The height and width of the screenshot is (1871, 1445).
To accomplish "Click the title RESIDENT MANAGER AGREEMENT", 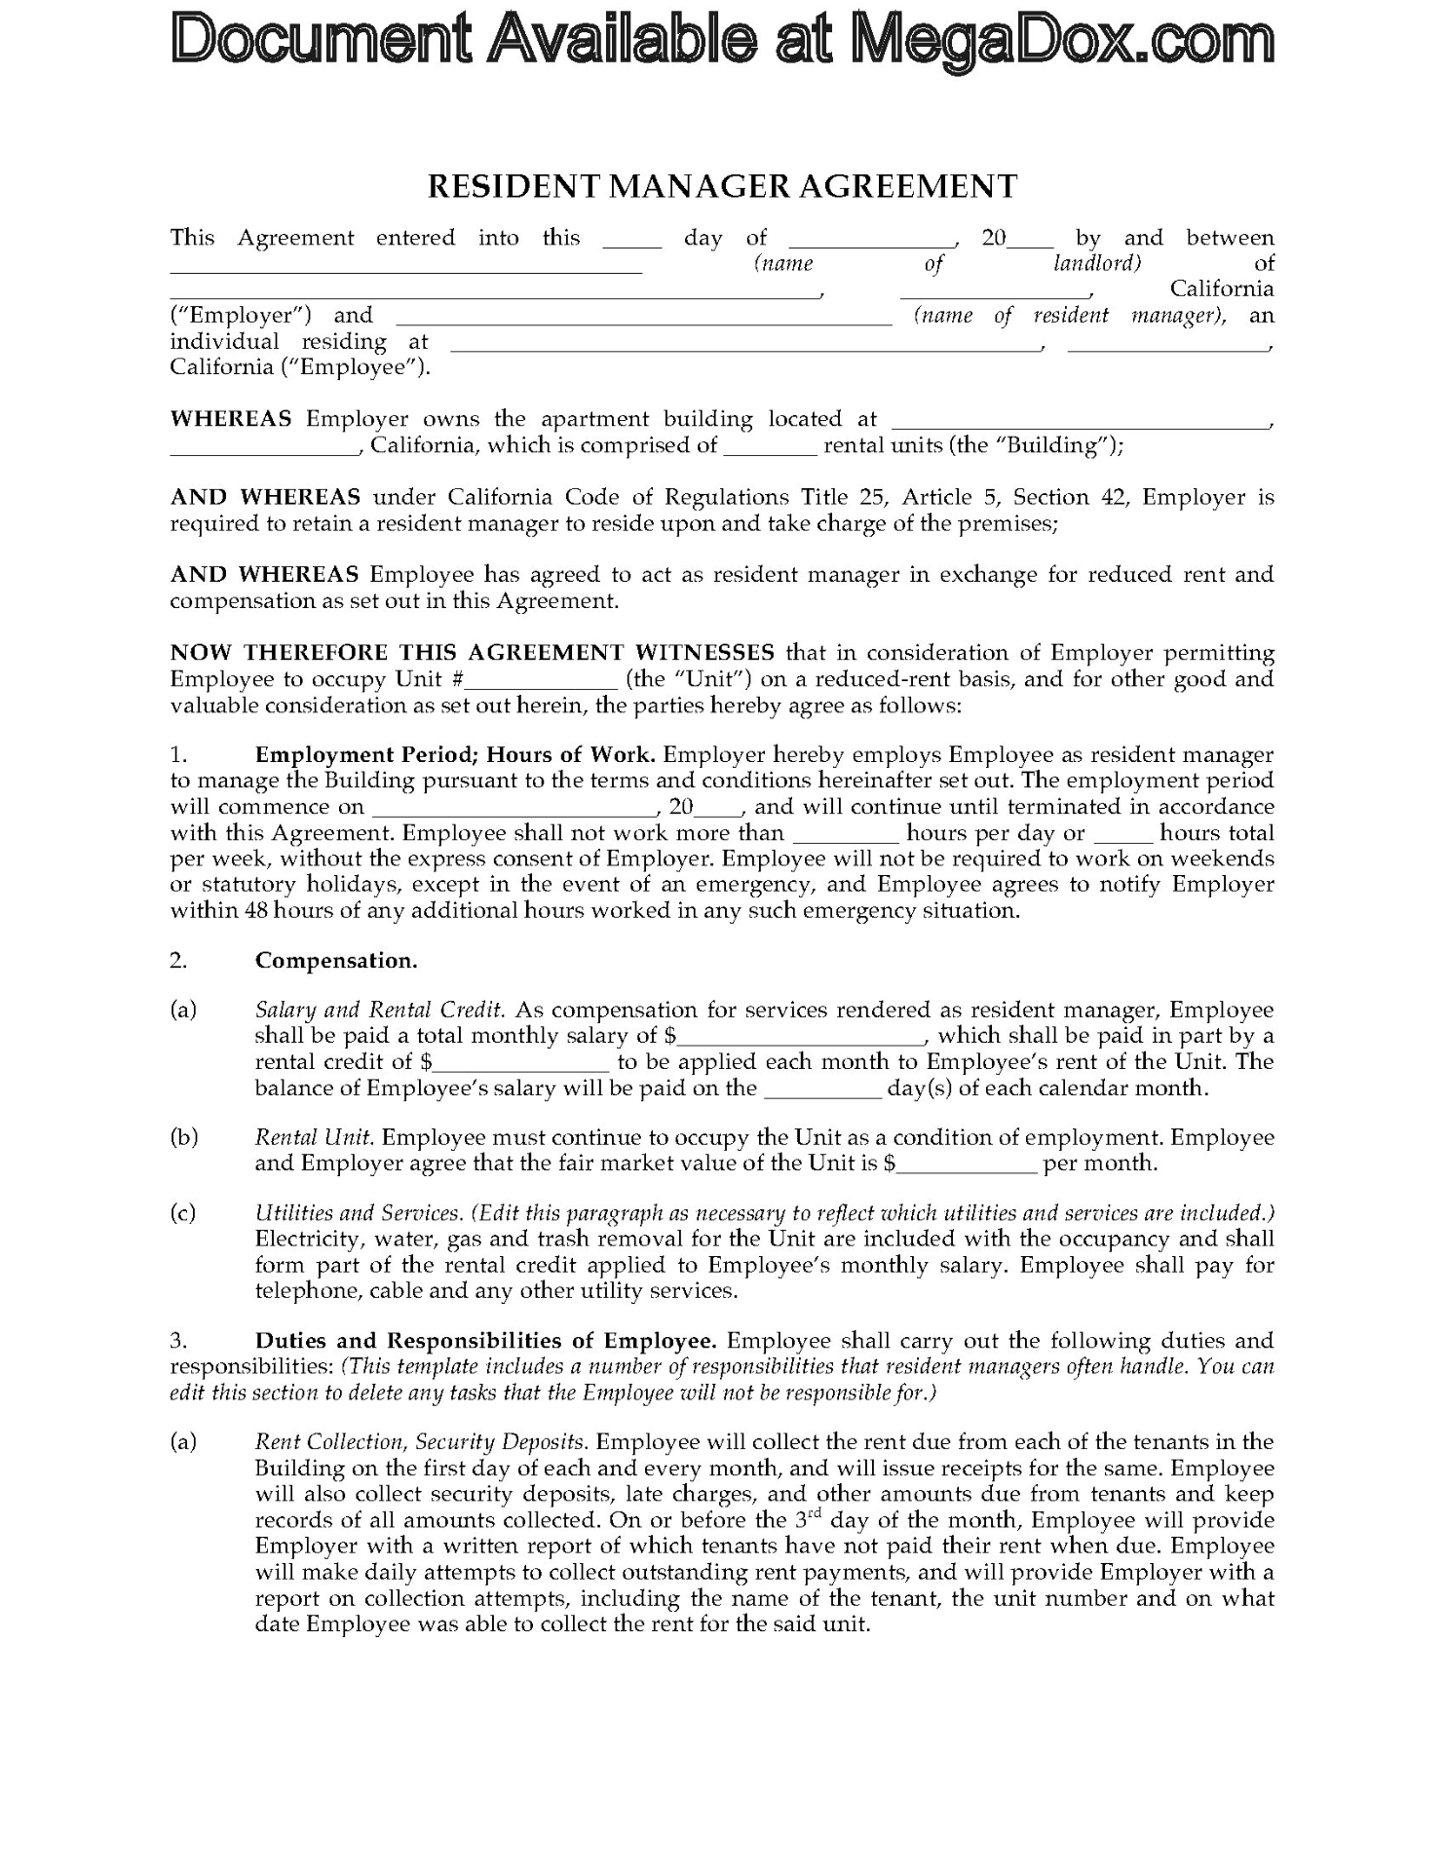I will pos(722,186).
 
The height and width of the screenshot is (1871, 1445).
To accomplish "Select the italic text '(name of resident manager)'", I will pos(1069,316).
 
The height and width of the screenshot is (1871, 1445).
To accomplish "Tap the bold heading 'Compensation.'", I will pos(336,961).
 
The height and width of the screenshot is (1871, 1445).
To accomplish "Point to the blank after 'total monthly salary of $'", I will pos(801,1038).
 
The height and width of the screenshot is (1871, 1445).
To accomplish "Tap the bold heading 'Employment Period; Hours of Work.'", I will pos(455,755).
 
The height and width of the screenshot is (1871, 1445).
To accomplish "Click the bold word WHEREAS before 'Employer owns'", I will pos(231,419).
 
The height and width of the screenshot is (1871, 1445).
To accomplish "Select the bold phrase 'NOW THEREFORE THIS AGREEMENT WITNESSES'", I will pos(473,653).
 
